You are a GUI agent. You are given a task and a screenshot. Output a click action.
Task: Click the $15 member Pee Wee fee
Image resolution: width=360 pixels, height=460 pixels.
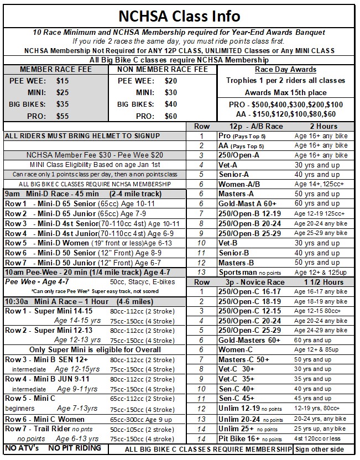(63, 81)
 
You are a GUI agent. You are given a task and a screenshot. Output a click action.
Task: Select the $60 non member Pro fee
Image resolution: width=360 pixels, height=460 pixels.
(171, 116)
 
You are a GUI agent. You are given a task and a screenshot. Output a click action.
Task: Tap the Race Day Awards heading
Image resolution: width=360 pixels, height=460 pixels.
(285, 70)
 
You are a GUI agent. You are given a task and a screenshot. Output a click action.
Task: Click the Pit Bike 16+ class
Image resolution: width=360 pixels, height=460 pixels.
(239, 438)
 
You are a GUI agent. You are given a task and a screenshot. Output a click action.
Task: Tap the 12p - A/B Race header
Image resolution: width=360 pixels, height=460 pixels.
(248, 126)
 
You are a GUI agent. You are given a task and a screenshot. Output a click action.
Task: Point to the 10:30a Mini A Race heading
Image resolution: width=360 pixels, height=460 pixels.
(74, 302)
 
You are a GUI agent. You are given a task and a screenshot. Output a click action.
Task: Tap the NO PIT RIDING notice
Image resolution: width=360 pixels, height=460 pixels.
(75, 448)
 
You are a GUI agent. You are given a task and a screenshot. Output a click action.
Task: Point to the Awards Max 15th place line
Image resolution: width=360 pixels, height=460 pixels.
(285, 92)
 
